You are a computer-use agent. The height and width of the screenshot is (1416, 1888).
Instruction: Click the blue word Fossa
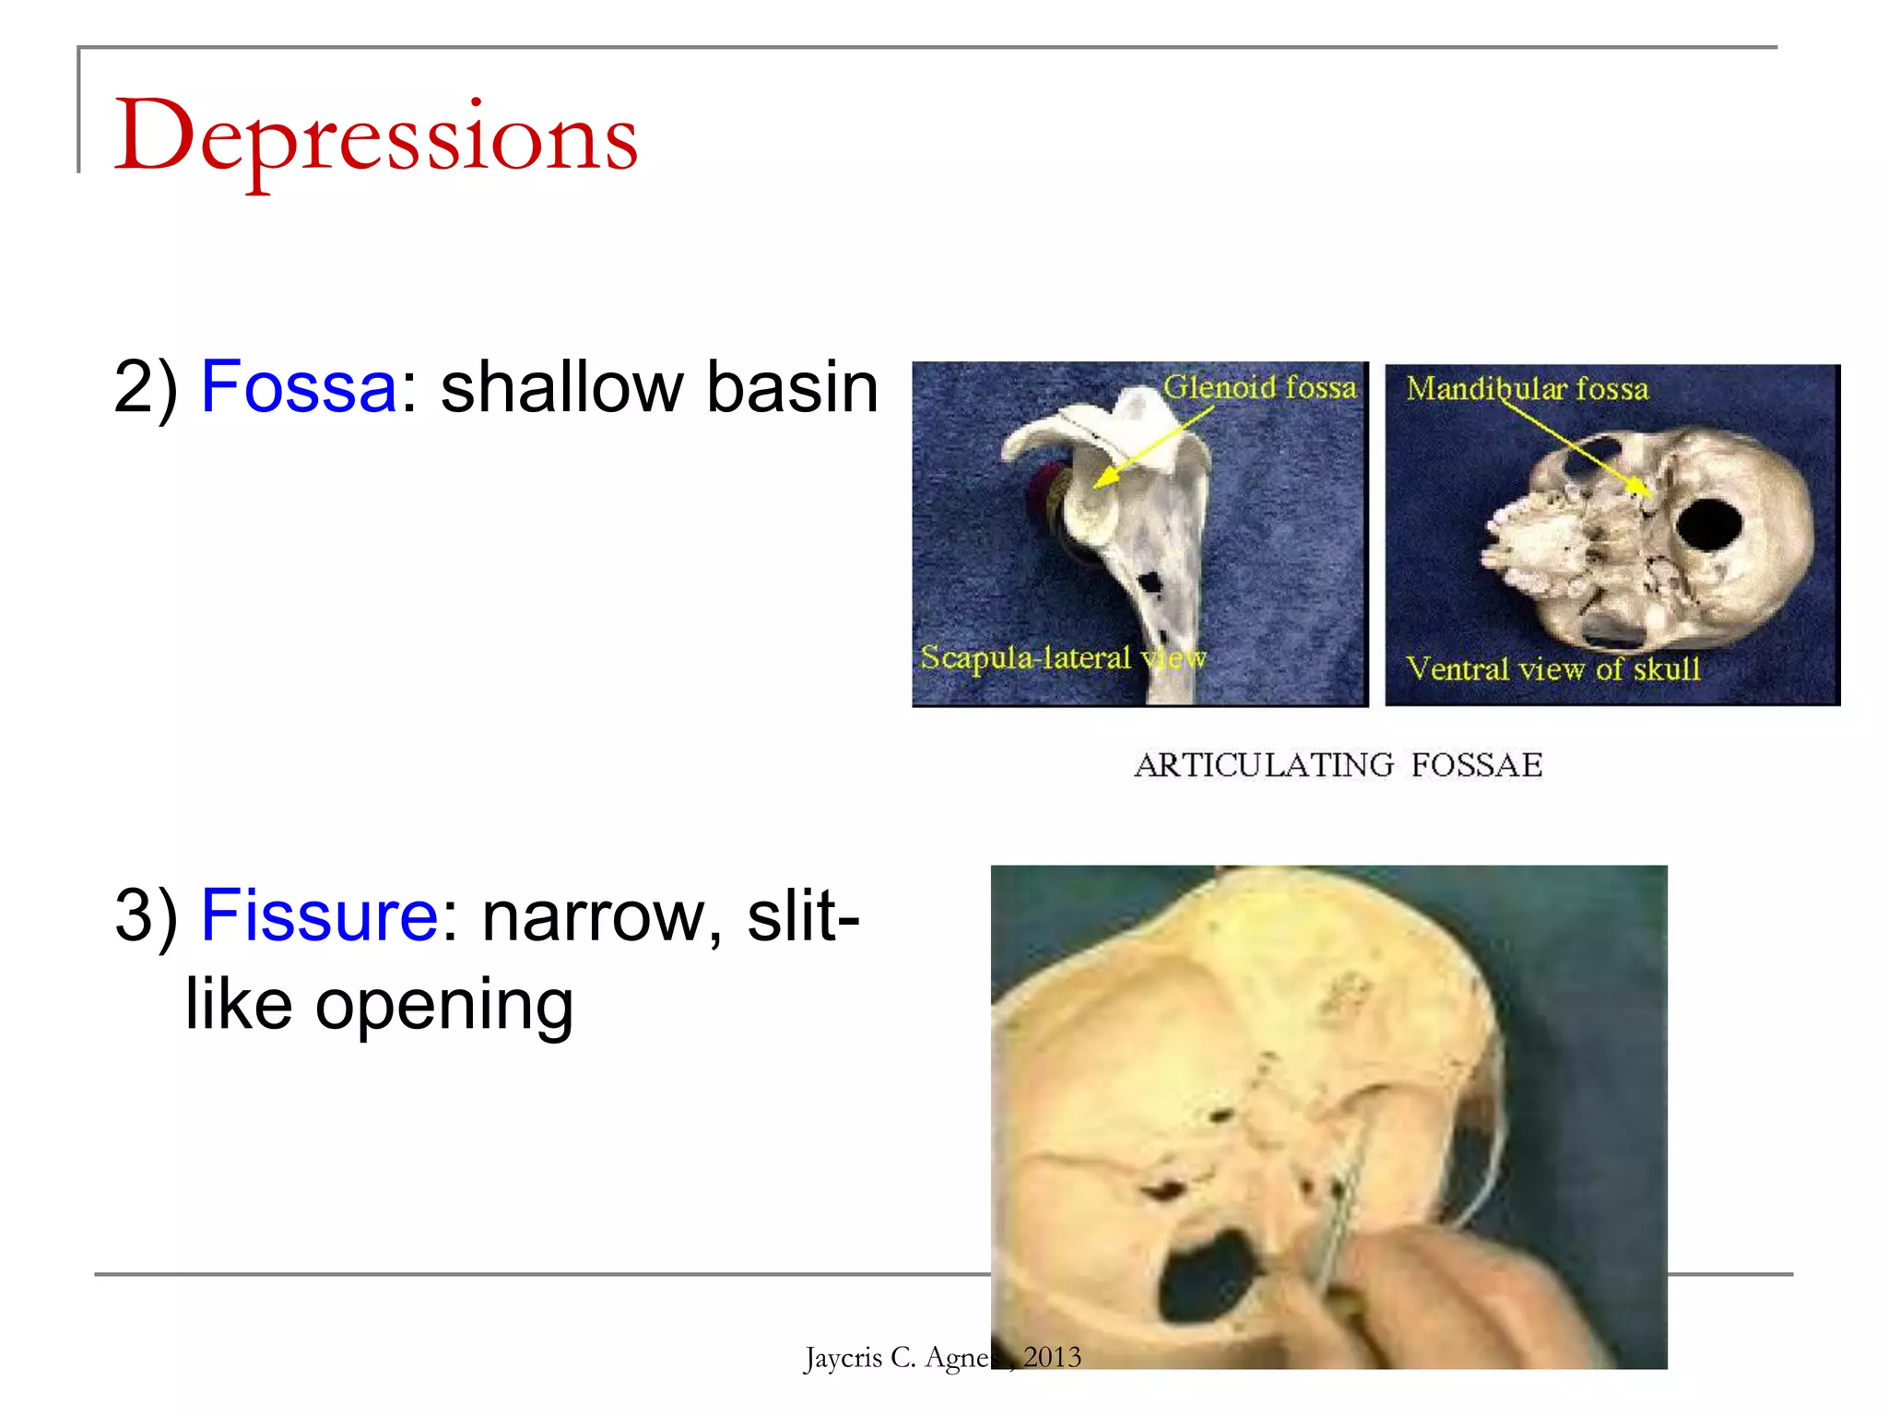[x=298, y=387]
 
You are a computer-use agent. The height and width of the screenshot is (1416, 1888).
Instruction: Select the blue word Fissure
[x=319, y=916]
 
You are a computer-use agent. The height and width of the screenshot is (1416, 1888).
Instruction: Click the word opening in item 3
[x=444, y=1005]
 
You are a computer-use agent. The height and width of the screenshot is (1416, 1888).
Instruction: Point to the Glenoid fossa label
[x=1259, y=387]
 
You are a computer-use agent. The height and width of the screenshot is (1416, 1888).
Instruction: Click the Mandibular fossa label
[x=1527, y=389]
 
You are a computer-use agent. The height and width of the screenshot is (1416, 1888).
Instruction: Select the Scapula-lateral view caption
[x=1062, y=658]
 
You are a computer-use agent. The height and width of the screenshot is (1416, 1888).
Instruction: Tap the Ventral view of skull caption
[x=1552, y=668]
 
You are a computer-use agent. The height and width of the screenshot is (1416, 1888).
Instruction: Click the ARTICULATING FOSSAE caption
[x=1338, y=765]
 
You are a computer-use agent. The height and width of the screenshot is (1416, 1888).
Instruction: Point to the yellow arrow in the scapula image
[x=1152, y=449]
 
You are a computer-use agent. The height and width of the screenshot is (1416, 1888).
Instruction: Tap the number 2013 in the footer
[x=1052, y=1357]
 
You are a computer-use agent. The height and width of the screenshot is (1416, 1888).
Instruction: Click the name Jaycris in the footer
[x=843, y=1358]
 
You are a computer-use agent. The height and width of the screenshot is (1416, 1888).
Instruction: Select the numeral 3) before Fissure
[x=146, y=916]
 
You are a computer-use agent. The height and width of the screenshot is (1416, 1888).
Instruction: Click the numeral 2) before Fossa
[x=146, y=387]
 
